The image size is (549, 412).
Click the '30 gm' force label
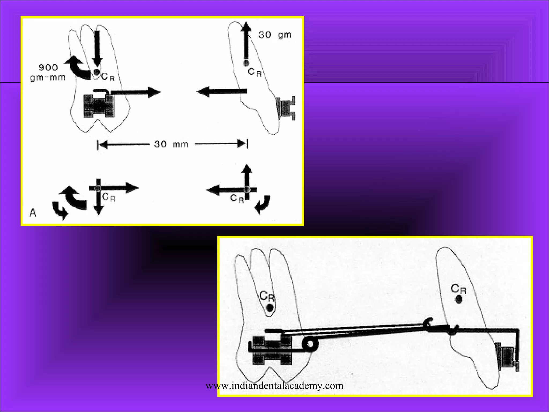[x=275, y=35]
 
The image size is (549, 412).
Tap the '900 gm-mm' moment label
[x=48, y=72]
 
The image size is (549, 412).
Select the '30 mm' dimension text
[x=171, y=144]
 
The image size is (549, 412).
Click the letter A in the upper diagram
[x=33, y=213]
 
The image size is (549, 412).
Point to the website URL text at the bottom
[x=274, y=386]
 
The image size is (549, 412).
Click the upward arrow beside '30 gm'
[x=246, y=40]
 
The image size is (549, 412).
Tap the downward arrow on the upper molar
[x=97, y=49]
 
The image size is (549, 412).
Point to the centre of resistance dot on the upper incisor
[x=246, y=63]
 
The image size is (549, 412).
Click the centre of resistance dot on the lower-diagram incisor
[x=459, y=299]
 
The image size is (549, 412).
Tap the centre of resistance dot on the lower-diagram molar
[x=270, y=308]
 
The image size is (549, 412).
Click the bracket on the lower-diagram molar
[x=272, y=350]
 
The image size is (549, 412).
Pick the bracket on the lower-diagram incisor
[x=506, y=357]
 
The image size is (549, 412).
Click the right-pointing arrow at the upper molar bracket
[x=135, y=92]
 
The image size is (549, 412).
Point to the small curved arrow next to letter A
[x=60, y=211]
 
